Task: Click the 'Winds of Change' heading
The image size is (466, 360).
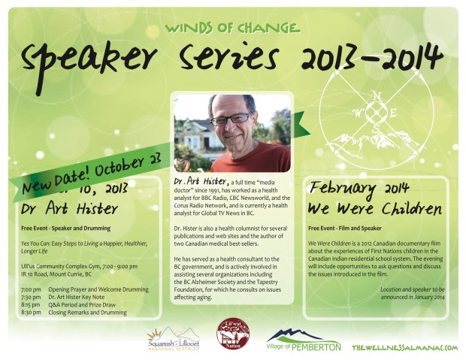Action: [232, 28]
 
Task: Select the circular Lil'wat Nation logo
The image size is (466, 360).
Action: [232, 334]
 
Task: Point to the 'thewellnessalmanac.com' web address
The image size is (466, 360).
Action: [404, 347]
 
